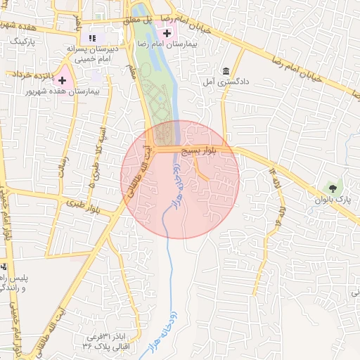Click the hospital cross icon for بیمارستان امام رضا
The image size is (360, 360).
pyautogui.click(x=167, y=32)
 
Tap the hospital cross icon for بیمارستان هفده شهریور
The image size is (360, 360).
pyautogui.click(x=63, y=81)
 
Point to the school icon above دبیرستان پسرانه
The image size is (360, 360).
pyautogui.click(x=91, y=38)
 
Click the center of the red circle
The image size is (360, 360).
pyautogui.click(x=180, y=179)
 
